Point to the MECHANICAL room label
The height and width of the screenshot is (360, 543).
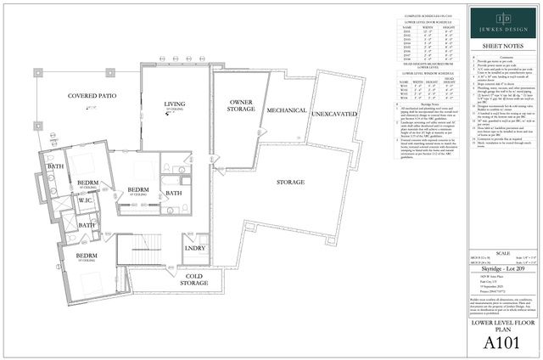(x=286, y=111)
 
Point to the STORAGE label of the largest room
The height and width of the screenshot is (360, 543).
(x=291, y=182)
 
